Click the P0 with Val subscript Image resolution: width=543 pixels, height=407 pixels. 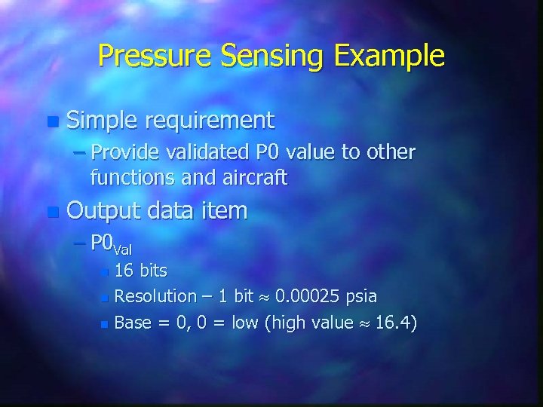click(x=109, y=244)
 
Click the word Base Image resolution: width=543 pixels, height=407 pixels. click(x=133, y=323)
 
